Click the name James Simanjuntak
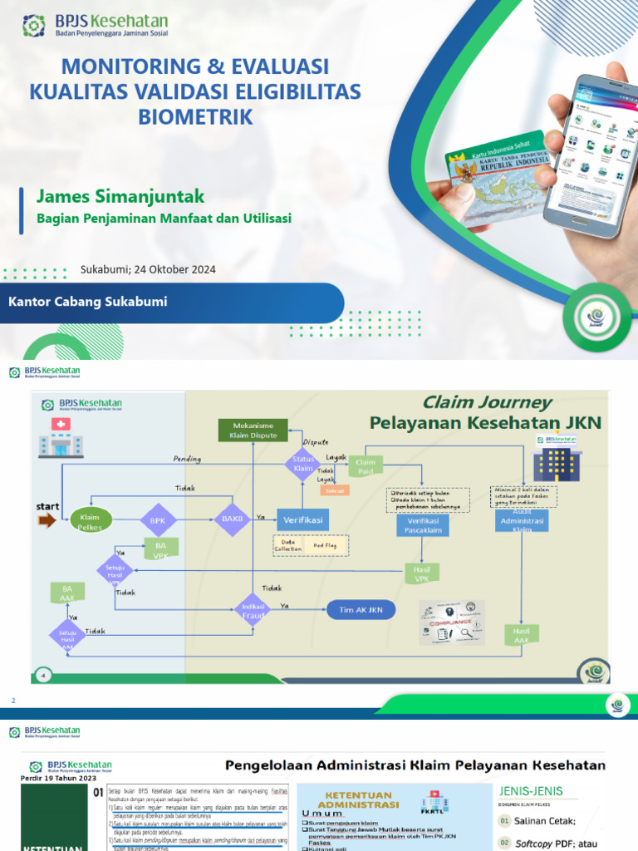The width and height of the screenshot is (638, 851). (x=120, y=196)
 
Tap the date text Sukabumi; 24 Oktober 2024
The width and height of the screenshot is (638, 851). (x=148, y=269)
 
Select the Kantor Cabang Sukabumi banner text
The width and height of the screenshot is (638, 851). (x=87, y=302)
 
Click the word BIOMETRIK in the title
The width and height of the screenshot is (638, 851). (x=195, y=117)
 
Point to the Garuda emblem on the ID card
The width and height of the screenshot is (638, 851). (x=467, y=172)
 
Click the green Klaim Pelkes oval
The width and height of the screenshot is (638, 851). (x=90, y=521)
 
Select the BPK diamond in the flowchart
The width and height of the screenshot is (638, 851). (x=158, y=520)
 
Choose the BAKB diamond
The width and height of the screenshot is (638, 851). (x=232, y=519)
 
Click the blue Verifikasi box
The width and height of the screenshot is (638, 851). (x=302, y=519)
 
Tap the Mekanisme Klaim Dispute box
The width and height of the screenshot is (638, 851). (x=253, y=430)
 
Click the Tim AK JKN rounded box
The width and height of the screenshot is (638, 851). (x=361, y=609)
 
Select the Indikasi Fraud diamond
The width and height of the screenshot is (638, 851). (x=253, y=609)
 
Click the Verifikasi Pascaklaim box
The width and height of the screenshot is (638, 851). (x=423, y=524)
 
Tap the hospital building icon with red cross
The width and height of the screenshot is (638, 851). (x=61, y=438)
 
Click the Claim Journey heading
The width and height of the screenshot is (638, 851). (x=487, y=402)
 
